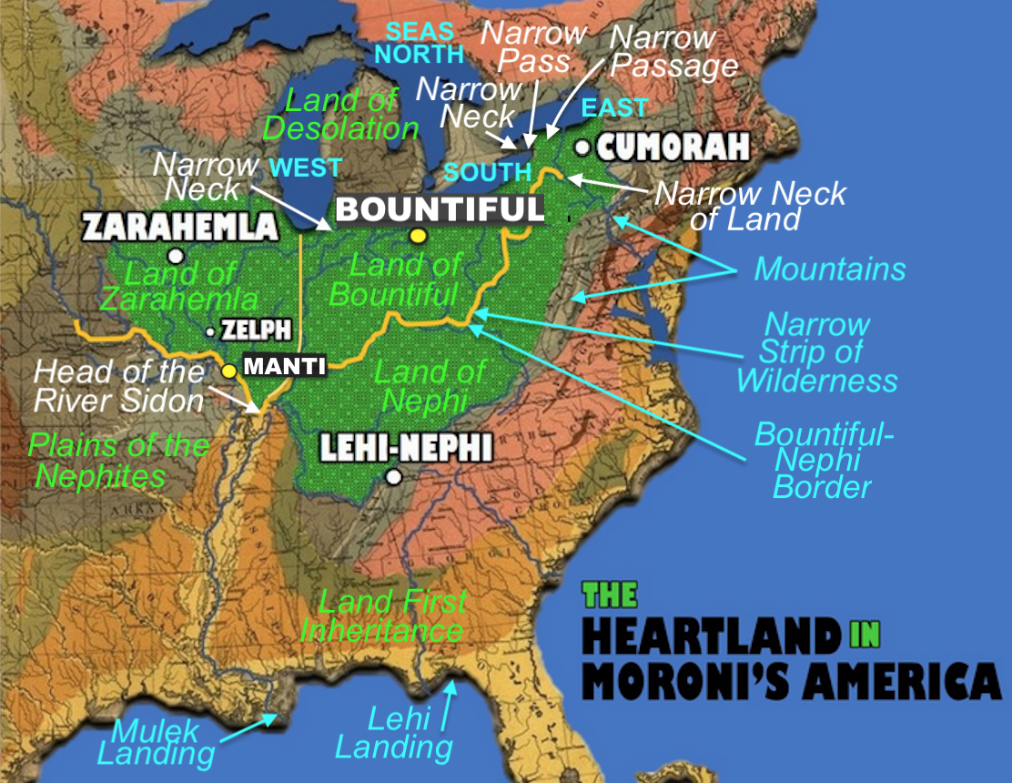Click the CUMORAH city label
tap(673, 147)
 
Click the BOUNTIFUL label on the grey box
tap(440, 209)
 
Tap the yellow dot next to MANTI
tap(229, 371)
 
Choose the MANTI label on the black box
tap(282, 368)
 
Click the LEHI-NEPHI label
tap(406, 448)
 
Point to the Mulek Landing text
tap(156, 742)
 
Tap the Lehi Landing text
tap(395, 734)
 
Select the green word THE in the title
tap(610, 596)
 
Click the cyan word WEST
tap(305, 168)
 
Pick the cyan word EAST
tap(614, 107)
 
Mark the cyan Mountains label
tap(830, 269)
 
